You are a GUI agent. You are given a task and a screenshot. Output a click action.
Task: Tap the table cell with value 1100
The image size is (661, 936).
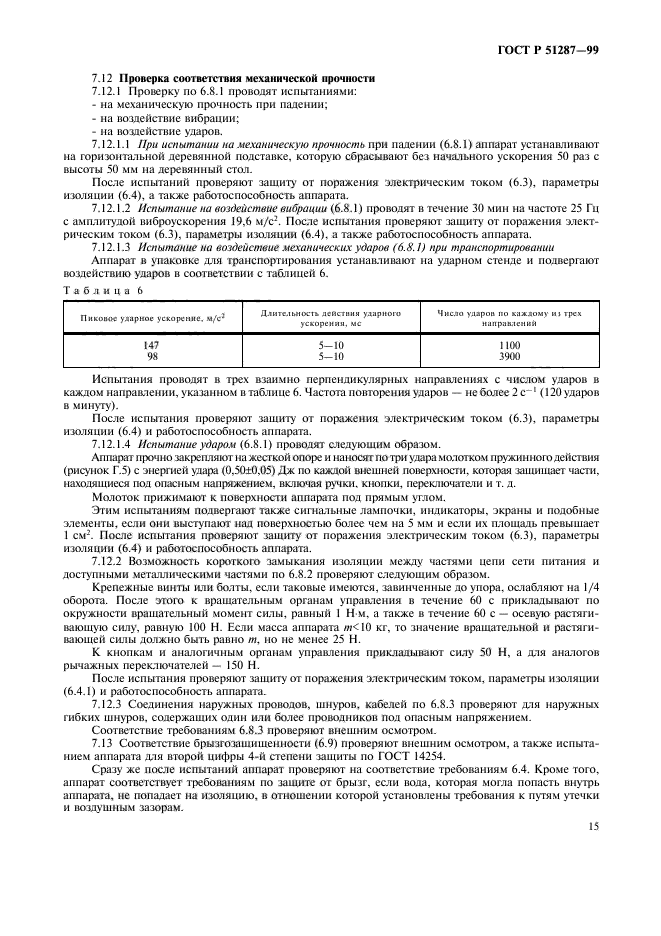point(510,345)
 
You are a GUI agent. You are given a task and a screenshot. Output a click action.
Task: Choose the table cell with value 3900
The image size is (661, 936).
point(510,355)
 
